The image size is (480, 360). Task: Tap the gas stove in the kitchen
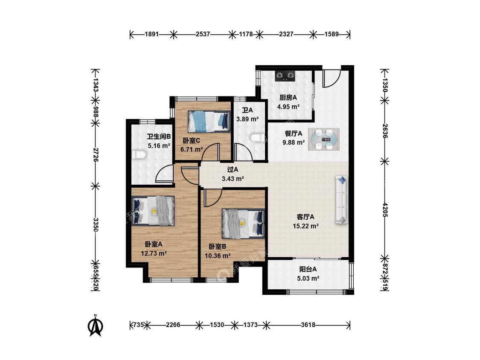285,75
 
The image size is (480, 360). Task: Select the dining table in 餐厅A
324,139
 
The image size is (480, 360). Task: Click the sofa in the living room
342,199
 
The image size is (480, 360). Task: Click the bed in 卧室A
153,211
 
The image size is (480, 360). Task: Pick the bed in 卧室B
243,224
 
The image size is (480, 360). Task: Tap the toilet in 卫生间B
139,154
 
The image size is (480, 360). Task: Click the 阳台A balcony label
308,270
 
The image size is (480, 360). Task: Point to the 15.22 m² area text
306,226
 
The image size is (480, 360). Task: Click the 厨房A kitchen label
288,98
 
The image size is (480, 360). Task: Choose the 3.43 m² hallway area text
233,178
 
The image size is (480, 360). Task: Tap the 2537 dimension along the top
203,34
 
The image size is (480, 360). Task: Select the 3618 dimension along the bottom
308,325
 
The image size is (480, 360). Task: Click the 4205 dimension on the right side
385,210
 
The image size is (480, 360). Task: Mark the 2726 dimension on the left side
96,155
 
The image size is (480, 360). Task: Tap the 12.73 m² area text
154,253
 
